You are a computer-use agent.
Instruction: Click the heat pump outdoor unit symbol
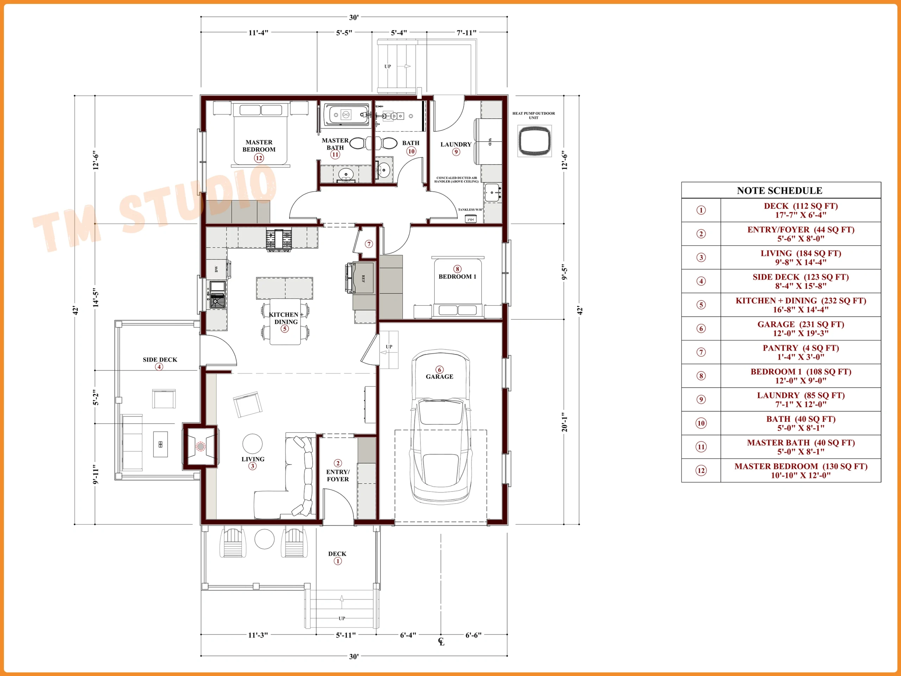coord(534,140)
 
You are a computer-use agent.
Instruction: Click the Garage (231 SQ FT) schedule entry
coord(800,329)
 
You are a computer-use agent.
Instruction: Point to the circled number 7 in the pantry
coord(368,244)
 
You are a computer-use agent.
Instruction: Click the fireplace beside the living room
coord(200,446)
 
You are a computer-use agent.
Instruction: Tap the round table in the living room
coord(253,444)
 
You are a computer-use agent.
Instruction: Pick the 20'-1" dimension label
coord(564,422)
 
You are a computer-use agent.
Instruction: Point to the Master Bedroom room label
coord(259,146)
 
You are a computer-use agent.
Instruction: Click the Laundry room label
coord(456,144)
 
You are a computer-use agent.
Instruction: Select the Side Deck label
coord(160,360)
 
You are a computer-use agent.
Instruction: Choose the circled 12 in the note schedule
coord(701,471)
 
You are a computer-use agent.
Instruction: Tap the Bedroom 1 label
coord(458,277)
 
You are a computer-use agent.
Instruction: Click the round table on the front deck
coord(264,539)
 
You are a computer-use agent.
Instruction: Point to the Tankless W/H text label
coord(470,210)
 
